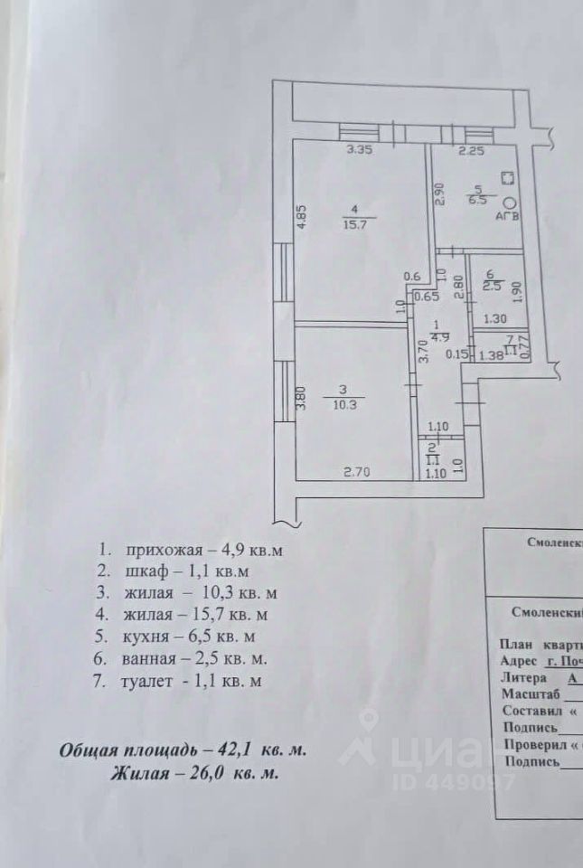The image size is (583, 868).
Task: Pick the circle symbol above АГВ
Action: pyautogui.click(x=509, y=203)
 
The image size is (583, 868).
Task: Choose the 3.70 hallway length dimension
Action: pyautogui.click(x=421, y=350)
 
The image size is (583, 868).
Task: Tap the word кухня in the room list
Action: pyautogui.click(x=146, y=637)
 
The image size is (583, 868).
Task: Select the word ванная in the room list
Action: pyautogui.click(x=149, y=660)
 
